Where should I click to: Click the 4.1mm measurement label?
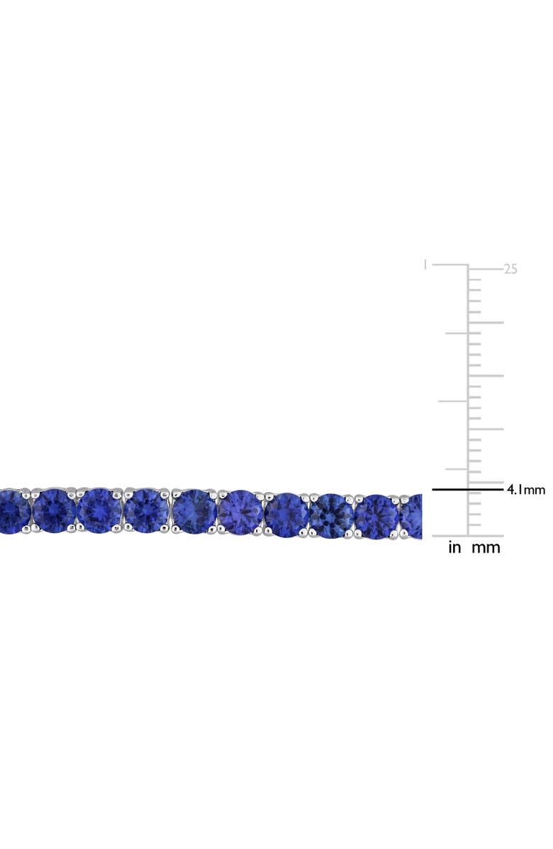(525, 489)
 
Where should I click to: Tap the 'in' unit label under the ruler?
(454, 547)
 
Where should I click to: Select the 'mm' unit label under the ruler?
(486, 547)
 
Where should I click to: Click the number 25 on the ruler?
(510, 269)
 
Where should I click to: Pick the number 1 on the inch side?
(425, 265)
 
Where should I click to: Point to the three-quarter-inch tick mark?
(456, 333)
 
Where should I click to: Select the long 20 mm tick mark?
(486, 322)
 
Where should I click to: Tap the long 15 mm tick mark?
(486, 376)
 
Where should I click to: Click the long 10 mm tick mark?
(486, 429)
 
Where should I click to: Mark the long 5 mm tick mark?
(486, 482)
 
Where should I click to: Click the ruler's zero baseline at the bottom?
(468, 536)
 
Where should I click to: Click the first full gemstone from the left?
(54, 510)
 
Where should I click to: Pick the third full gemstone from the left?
(147, 510)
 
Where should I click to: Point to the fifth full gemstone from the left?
(240, 512)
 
